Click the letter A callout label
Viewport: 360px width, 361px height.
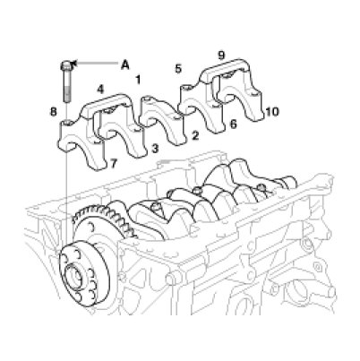[125, 64]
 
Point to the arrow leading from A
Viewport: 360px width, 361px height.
[95, 63]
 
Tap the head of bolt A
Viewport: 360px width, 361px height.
[66, 65]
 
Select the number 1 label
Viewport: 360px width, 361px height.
[138, 80]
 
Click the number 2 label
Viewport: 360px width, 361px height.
[194, 136]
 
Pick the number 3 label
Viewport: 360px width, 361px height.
[155, 149]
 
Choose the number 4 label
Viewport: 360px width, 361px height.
[100, 90]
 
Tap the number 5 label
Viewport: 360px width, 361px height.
[177, 69]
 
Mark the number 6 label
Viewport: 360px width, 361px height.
[233, 124]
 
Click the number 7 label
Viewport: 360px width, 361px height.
[114, 163]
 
